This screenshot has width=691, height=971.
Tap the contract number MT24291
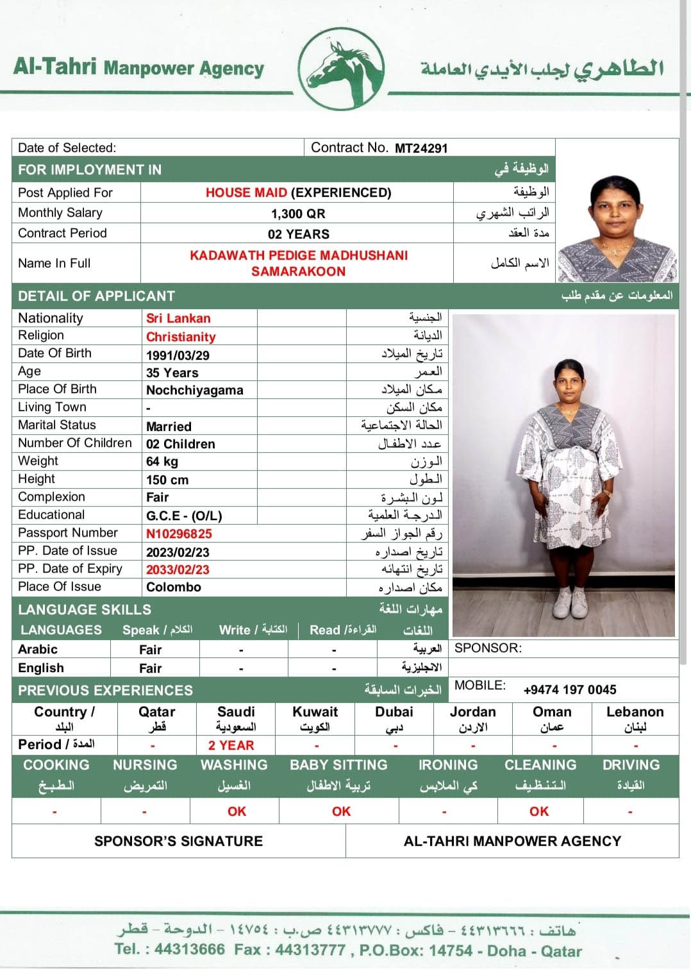(420, 148)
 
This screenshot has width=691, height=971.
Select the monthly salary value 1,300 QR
(297, 214)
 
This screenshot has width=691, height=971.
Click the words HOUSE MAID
(246, 192)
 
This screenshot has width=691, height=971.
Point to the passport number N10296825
(179, 534)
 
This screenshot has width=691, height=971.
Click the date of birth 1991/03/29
(178, 355)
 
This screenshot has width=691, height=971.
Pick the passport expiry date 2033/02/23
(178, 570)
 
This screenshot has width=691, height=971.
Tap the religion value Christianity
(181, 337)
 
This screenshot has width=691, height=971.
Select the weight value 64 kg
(162, 461)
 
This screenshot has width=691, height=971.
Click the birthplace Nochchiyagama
(195, 390)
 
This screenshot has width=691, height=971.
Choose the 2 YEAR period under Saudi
(231, 745)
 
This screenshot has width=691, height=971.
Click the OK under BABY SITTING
(341, 811)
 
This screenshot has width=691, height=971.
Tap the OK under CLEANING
(538, 811)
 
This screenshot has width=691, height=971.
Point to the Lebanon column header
(635, 712)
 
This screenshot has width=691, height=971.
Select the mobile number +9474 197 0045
(569, 689)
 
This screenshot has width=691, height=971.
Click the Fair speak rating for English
(150, 668)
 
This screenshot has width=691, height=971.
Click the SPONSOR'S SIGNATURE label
(178, 841)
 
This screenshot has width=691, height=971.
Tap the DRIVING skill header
(631, 764)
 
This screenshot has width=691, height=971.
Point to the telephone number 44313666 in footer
(190, 949)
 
